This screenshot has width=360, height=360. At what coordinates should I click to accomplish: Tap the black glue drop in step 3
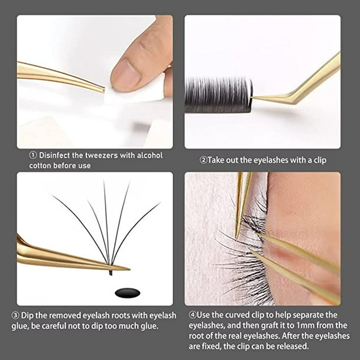128,293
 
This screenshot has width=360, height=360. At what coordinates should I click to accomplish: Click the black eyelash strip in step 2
218,95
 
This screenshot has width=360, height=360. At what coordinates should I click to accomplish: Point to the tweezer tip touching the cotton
104,90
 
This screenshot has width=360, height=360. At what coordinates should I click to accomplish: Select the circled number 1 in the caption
33,155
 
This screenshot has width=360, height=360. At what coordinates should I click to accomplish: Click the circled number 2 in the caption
204,160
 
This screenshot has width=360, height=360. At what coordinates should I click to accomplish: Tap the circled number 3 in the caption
15,315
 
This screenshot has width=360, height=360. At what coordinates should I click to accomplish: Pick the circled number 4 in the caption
192,315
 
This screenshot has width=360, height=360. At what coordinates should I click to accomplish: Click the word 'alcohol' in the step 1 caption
149,155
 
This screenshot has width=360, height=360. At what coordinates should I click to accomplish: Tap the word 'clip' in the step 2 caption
320,161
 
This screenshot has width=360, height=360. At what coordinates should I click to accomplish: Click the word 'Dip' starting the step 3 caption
27,316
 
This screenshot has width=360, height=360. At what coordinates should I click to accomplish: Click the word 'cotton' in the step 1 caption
40,165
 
